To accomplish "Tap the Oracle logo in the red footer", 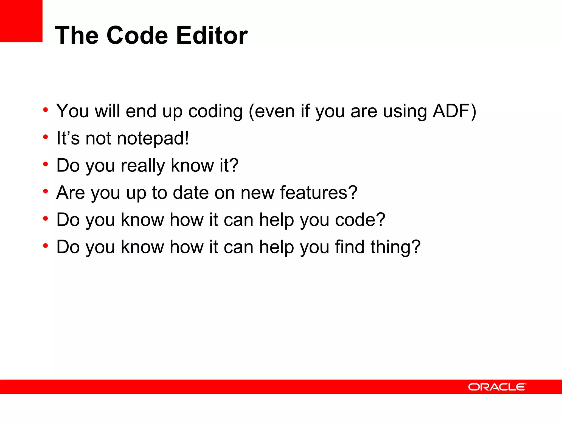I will [x=497, y=387].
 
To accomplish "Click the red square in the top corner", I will [x=21, y=21].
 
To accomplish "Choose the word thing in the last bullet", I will [x=395, y=247].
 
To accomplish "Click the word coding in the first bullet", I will [x=215, y=111].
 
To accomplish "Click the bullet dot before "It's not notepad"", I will [x=46, y=137].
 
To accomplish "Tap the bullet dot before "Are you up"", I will [x=46, y=191].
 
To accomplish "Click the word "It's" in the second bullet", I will [x=68, y=138].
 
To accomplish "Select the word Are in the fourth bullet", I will [x=71, y=192].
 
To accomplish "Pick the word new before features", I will [x=257, y=193].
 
